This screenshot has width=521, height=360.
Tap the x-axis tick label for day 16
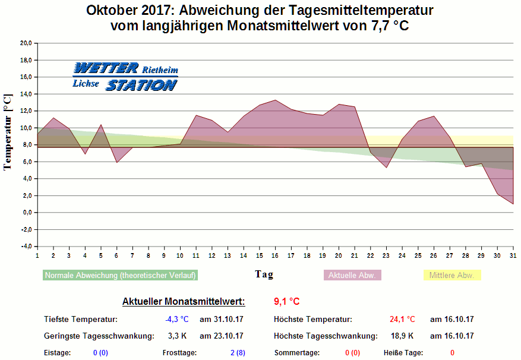click(x=275, y=255)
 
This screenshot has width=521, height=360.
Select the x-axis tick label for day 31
click(x=513, y=255)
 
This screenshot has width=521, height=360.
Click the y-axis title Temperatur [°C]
click(x=8, y=132)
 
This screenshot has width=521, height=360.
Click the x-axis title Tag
click(x=264, y=274)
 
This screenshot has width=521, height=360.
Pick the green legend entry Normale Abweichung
click(x=120, y=276)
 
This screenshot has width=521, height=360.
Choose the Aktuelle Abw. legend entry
click(x=352, y=276)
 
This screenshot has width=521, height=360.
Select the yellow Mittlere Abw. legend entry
click(x=451, y=276)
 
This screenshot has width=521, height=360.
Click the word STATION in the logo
click(x=141, y=86)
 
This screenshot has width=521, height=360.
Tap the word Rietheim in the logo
click(x=160, y=70)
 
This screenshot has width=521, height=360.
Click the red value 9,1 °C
click(x=286, y=301)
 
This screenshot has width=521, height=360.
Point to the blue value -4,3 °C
click(x=176, y=320)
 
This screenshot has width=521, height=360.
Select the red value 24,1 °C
click(x=402, y=320)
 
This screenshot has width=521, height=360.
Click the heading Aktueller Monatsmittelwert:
click(x=183, y=302)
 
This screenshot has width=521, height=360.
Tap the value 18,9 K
click(x=402, y=336)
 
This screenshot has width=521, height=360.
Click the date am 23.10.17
click(x=222, y=336)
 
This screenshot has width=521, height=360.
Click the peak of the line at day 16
click(x=275, y=100)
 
